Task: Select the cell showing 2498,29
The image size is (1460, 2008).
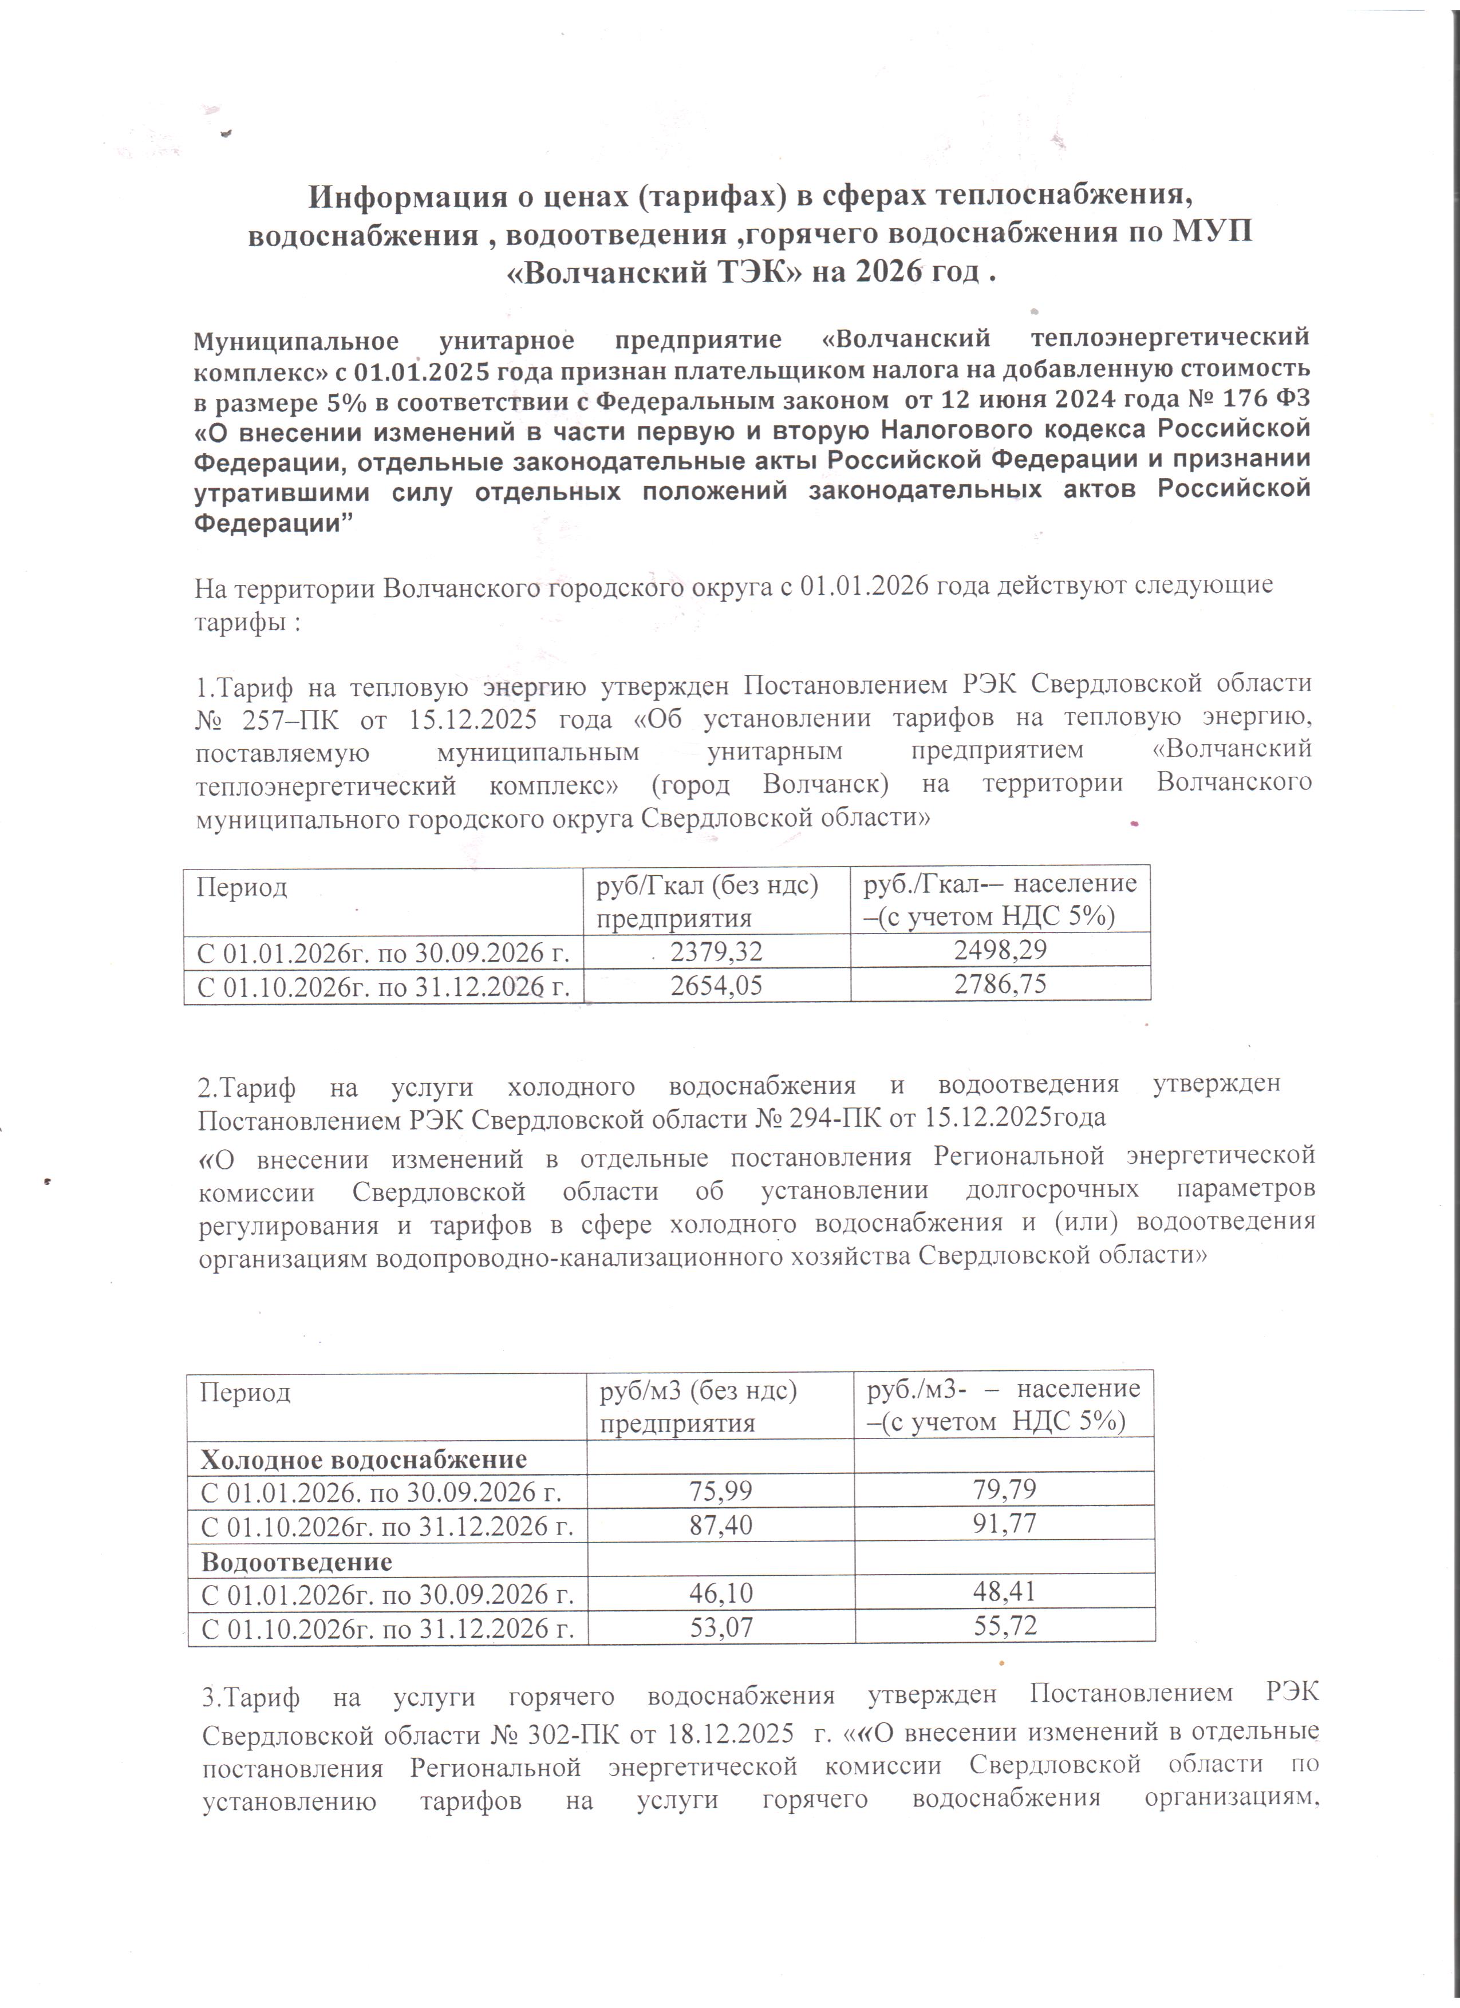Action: point(1000,950)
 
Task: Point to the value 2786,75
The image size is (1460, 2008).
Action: point(1000,983)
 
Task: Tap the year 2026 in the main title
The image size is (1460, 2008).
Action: point(885,272)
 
